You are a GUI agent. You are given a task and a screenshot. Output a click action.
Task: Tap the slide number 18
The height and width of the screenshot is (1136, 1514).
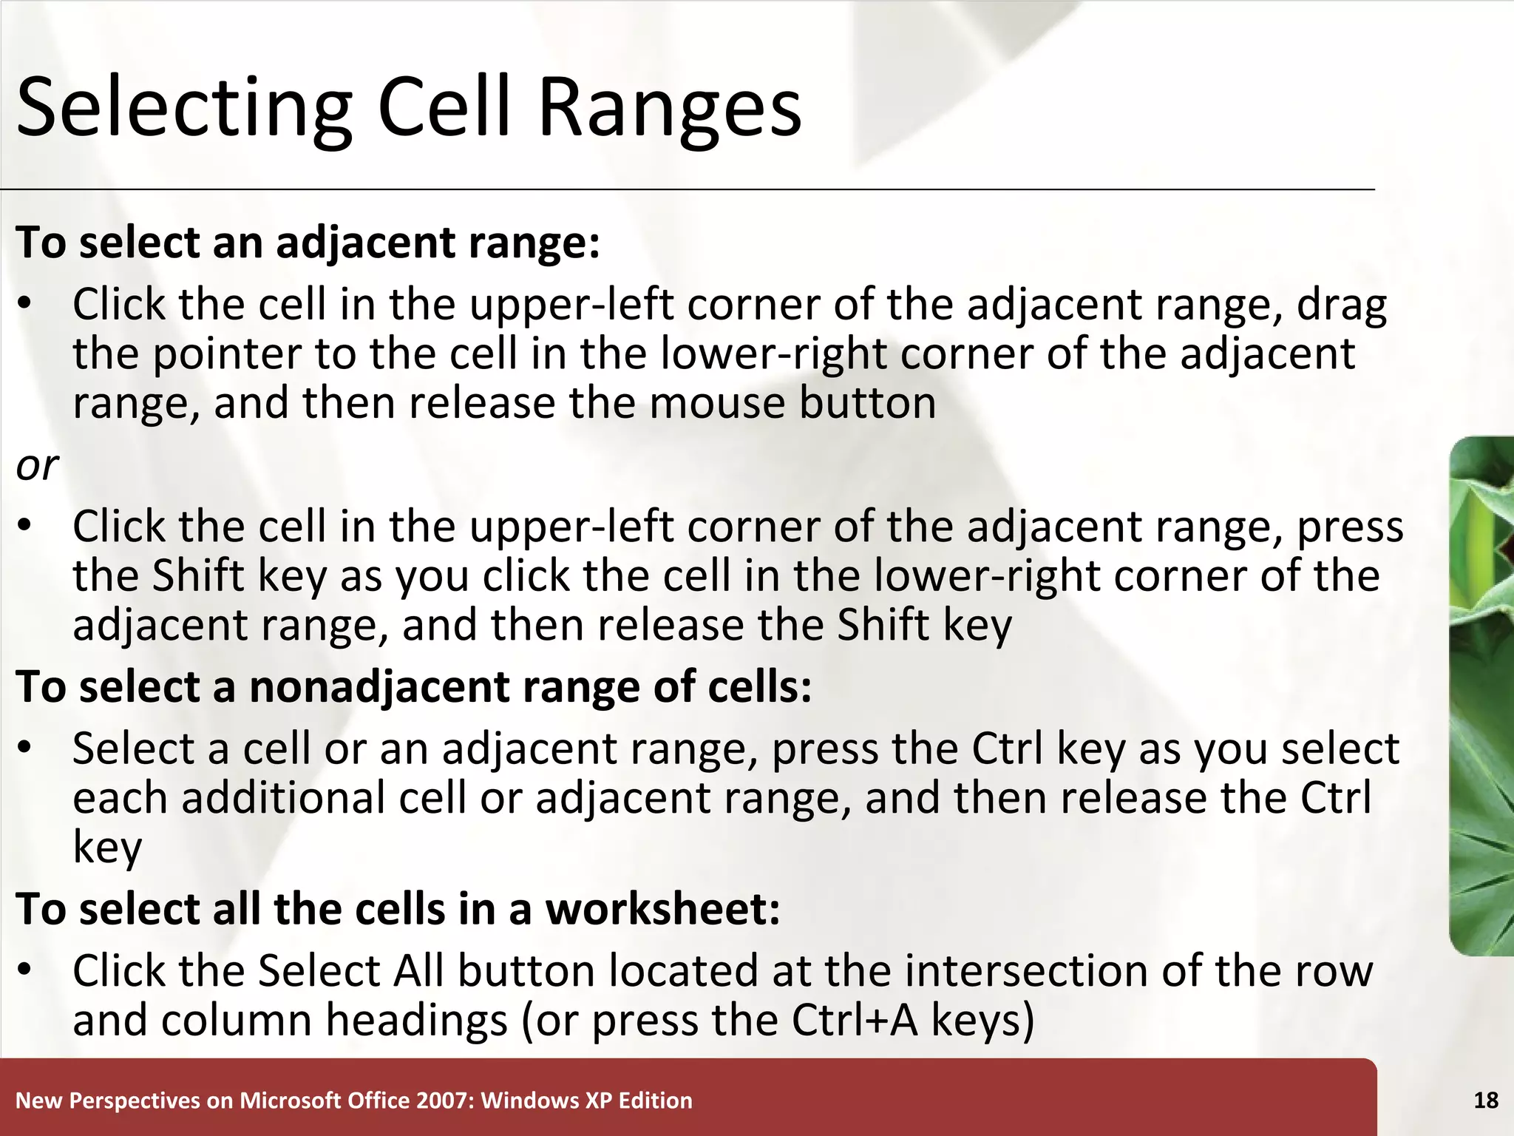tap(1485, 1100)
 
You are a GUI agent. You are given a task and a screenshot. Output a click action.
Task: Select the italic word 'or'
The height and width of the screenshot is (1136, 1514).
tap(37, 466)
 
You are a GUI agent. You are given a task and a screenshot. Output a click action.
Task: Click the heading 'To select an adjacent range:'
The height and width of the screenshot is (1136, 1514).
tap(308, 243)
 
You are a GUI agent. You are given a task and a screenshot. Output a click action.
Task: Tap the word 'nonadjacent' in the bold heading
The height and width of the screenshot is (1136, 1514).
tap(379, 686)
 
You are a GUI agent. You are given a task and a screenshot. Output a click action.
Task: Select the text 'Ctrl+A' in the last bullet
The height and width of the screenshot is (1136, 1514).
tap(854, 1020)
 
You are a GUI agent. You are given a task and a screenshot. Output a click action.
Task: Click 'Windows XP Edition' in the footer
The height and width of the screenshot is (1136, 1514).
tap(587, 1100)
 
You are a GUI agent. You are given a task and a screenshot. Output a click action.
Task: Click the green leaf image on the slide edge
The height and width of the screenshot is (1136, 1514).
tap(1481, 695)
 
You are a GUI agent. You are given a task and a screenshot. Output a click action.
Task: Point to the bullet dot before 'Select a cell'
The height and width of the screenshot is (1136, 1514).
tap(25, 748)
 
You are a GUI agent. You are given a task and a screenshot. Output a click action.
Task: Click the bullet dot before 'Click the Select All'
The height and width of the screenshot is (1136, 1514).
tap(25, 970)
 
